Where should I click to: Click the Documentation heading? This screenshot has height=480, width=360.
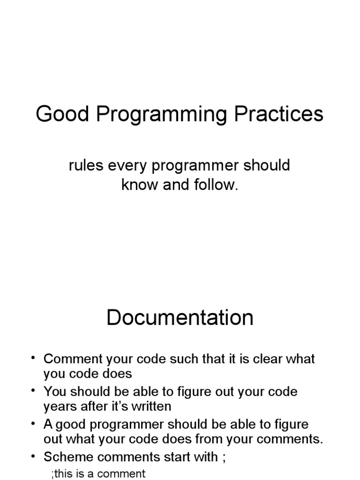180,318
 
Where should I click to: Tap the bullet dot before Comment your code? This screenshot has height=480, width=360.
33,359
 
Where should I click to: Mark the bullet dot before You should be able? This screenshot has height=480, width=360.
33,391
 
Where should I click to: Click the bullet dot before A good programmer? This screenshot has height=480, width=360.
33,424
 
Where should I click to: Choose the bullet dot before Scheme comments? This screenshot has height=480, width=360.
33,456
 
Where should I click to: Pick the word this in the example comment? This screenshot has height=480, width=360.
64,473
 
